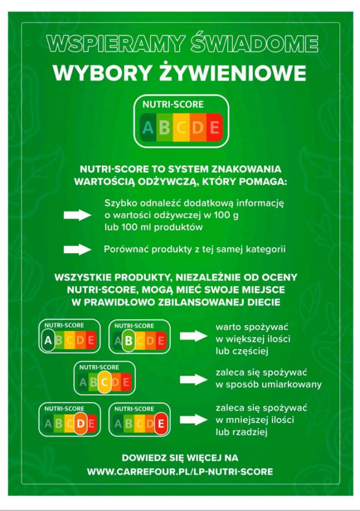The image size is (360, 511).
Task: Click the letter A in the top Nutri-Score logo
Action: (148, 127)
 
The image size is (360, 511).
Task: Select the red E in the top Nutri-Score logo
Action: (215, 127)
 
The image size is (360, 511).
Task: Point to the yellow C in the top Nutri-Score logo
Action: (181, 127)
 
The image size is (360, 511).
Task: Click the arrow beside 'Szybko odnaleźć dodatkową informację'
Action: (78, 215)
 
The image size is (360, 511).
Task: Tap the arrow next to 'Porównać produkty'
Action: (78, 250)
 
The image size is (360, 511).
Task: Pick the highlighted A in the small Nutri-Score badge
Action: (48, 340)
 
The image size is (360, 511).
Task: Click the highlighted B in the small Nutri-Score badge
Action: (128, 341)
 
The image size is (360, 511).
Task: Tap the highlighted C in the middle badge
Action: (104, 382)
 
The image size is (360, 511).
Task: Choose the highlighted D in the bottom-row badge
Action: (81, 424)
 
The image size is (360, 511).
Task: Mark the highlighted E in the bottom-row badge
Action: (161, 424)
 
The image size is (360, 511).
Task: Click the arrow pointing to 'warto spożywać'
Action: (194, 336)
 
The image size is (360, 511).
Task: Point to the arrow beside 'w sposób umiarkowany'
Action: (194, 379)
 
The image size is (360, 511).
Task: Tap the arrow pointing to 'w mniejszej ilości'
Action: (194, 420)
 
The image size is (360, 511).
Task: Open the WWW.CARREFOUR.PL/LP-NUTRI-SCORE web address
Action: (180, 472)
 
